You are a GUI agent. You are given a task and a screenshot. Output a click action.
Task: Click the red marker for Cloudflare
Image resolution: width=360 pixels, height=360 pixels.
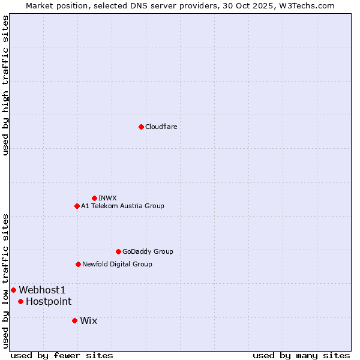pyautogui.click(x=141, y=127)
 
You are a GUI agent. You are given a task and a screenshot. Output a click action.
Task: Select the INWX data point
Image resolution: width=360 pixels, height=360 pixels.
pyautogui.click(x=94, y=198)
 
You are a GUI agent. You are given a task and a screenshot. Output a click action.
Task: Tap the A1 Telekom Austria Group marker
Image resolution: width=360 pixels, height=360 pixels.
pyautogui.click(x=77, y=206)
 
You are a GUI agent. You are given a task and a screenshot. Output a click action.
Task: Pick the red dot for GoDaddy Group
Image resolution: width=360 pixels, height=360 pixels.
pyautogui.click(x=118, y=251)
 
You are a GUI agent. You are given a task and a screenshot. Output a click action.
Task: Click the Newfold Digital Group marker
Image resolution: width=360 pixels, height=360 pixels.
pyautogui.click(x=78, y=264)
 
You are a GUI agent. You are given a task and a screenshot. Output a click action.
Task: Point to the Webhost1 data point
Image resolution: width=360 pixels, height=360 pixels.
pyautogui.click(x=13, y=290)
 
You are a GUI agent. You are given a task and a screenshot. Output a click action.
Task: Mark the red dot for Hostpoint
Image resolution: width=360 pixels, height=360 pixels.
pyautogui.click(x=20, y=301)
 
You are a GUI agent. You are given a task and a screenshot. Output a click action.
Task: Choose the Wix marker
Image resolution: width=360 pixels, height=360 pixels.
pyautogui.click(x=74, y=320)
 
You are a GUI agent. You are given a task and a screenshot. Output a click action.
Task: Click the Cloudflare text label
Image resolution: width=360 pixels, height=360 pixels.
pyautogui.click(x=161, y=127)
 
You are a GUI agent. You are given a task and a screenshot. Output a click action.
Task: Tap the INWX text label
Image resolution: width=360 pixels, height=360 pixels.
pyautogui.click(x=107, y=198)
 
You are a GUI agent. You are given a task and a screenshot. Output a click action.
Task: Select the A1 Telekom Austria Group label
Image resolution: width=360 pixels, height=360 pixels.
pyautogui.click(x=122, y=206)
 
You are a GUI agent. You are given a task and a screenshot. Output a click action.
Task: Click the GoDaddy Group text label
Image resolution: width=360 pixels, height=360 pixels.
pyautogui.click(x=148, y=251)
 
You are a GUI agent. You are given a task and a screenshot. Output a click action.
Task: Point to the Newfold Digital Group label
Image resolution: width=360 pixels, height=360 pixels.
pyautogui.click(x=117, y=264)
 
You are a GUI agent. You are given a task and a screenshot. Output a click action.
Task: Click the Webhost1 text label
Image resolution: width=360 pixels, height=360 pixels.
pyautogui.click(x=42, y=290)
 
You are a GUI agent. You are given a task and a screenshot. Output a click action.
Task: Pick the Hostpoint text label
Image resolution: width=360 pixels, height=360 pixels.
pyautogui.click(x=49, y=301)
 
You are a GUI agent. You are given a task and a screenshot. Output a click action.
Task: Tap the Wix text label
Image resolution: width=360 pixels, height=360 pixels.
pyautogui.click(x=88, y=320)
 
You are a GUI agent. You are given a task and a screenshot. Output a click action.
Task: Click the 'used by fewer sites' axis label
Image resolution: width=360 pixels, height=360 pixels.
pyautogui.click(x=62, y=355)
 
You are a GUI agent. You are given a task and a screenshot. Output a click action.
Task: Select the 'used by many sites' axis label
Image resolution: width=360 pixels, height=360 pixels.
pyautogui.click(x=301, y=355)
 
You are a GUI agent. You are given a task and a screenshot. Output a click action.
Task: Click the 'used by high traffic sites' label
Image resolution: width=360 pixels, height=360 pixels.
pyautogui.click(x=5, y=85)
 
